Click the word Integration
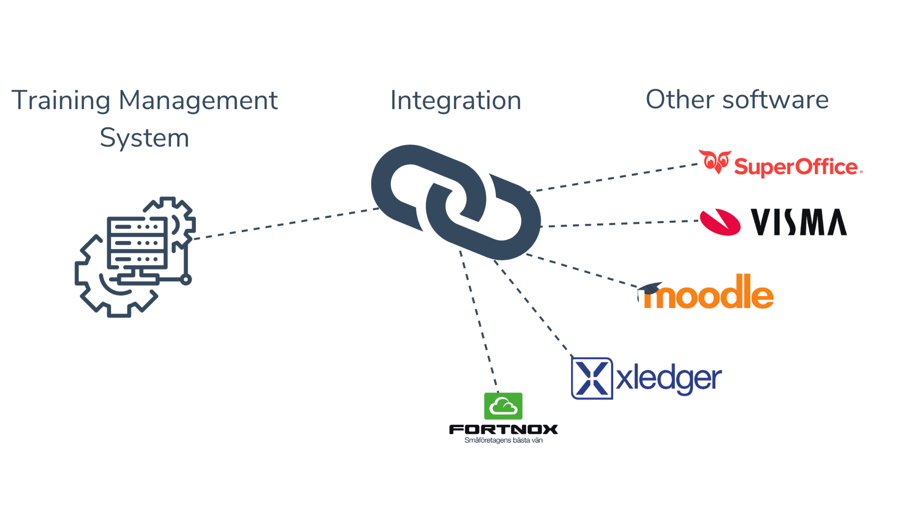[x=456, y=101]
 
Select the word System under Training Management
[x=144, y=138]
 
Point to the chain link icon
[x=456, y=202]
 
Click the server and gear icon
[x=135, y=256]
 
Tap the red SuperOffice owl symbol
[x=715, y=162]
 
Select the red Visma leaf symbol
[x=720, y=222]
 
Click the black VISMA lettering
[x=799, y=222]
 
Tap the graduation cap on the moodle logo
[x=650, y=289]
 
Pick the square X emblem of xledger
[x=592, y=378]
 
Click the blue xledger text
[x=669, y=378]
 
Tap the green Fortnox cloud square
[x=503, y=406]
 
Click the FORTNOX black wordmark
[x=503, y=429]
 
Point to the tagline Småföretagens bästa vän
[x=503, y=440]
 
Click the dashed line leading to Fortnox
[x=479, y=321]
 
